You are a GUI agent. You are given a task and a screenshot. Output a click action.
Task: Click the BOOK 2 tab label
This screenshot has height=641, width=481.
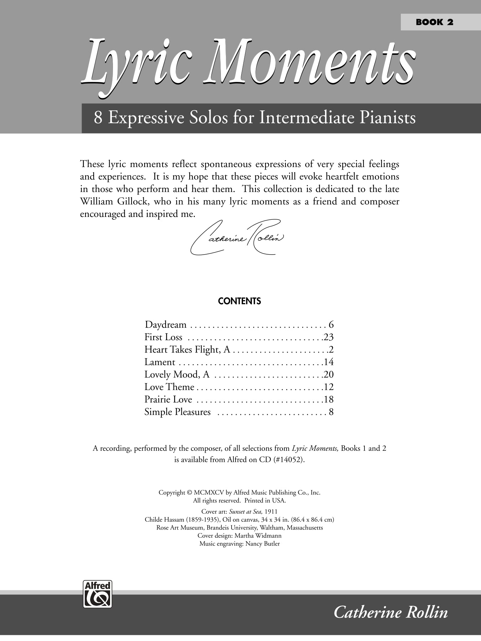[x=434, y=22]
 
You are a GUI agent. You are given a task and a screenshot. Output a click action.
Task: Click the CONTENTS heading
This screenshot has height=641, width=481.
[x=239, y=301]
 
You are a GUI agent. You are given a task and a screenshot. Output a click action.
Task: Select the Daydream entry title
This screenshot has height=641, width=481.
[x=166, y=325]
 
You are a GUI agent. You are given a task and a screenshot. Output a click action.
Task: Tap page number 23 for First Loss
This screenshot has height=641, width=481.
[x=329, y=337]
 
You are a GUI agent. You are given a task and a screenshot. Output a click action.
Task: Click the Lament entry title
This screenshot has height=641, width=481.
[x=160, y=362]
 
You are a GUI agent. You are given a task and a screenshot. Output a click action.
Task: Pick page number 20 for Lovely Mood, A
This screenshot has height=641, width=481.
[x=329, y=375]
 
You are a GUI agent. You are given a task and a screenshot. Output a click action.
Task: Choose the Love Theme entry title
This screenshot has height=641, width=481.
[x=169, y=387]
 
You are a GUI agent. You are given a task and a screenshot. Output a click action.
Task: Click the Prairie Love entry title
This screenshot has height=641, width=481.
[x=168, y=400]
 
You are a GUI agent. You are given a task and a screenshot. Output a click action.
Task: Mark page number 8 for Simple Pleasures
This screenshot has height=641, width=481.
[x=331, y=412]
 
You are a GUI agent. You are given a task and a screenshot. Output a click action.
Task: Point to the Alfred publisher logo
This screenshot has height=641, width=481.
[x=97, y=594]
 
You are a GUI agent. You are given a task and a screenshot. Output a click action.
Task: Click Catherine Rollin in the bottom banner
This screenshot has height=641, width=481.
[x=391, y=613]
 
